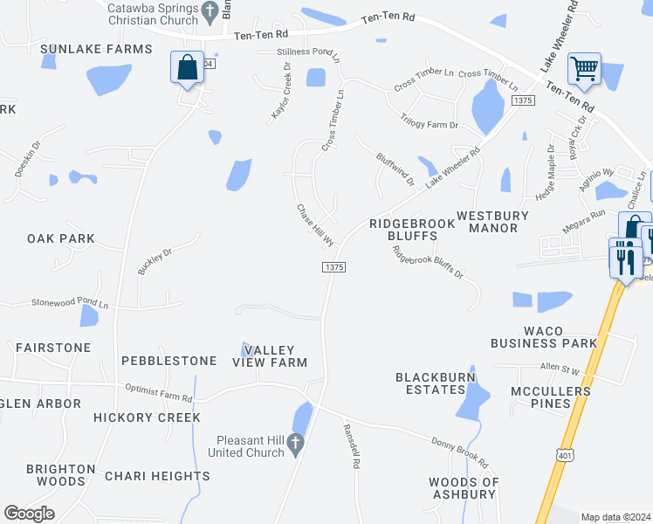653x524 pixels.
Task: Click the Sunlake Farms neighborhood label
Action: coord(96,49)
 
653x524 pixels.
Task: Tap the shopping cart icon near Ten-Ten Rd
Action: coord(584,68)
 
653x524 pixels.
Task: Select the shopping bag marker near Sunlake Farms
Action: coord(187,67)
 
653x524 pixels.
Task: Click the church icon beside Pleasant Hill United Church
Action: coord(295,445)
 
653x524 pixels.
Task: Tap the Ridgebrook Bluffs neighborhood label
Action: coord(412,230)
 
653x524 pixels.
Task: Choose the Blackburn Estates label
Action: coord(430,383)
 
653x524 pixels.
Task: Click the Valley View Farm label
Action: coord(275,356)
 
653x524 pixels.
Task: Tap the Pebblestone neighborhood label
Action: coord(168,361)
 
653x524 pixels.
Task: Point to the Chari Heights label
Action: coord(157,476)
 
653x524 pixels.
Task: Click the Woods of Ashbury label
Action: coord(464,488)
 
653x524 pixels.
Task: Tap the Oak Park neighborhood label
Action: coord(60,238)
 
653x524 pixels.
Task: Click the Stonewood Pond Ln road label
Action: coord(71,304)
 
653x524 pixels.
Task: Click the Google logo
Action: coord(29,513)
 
